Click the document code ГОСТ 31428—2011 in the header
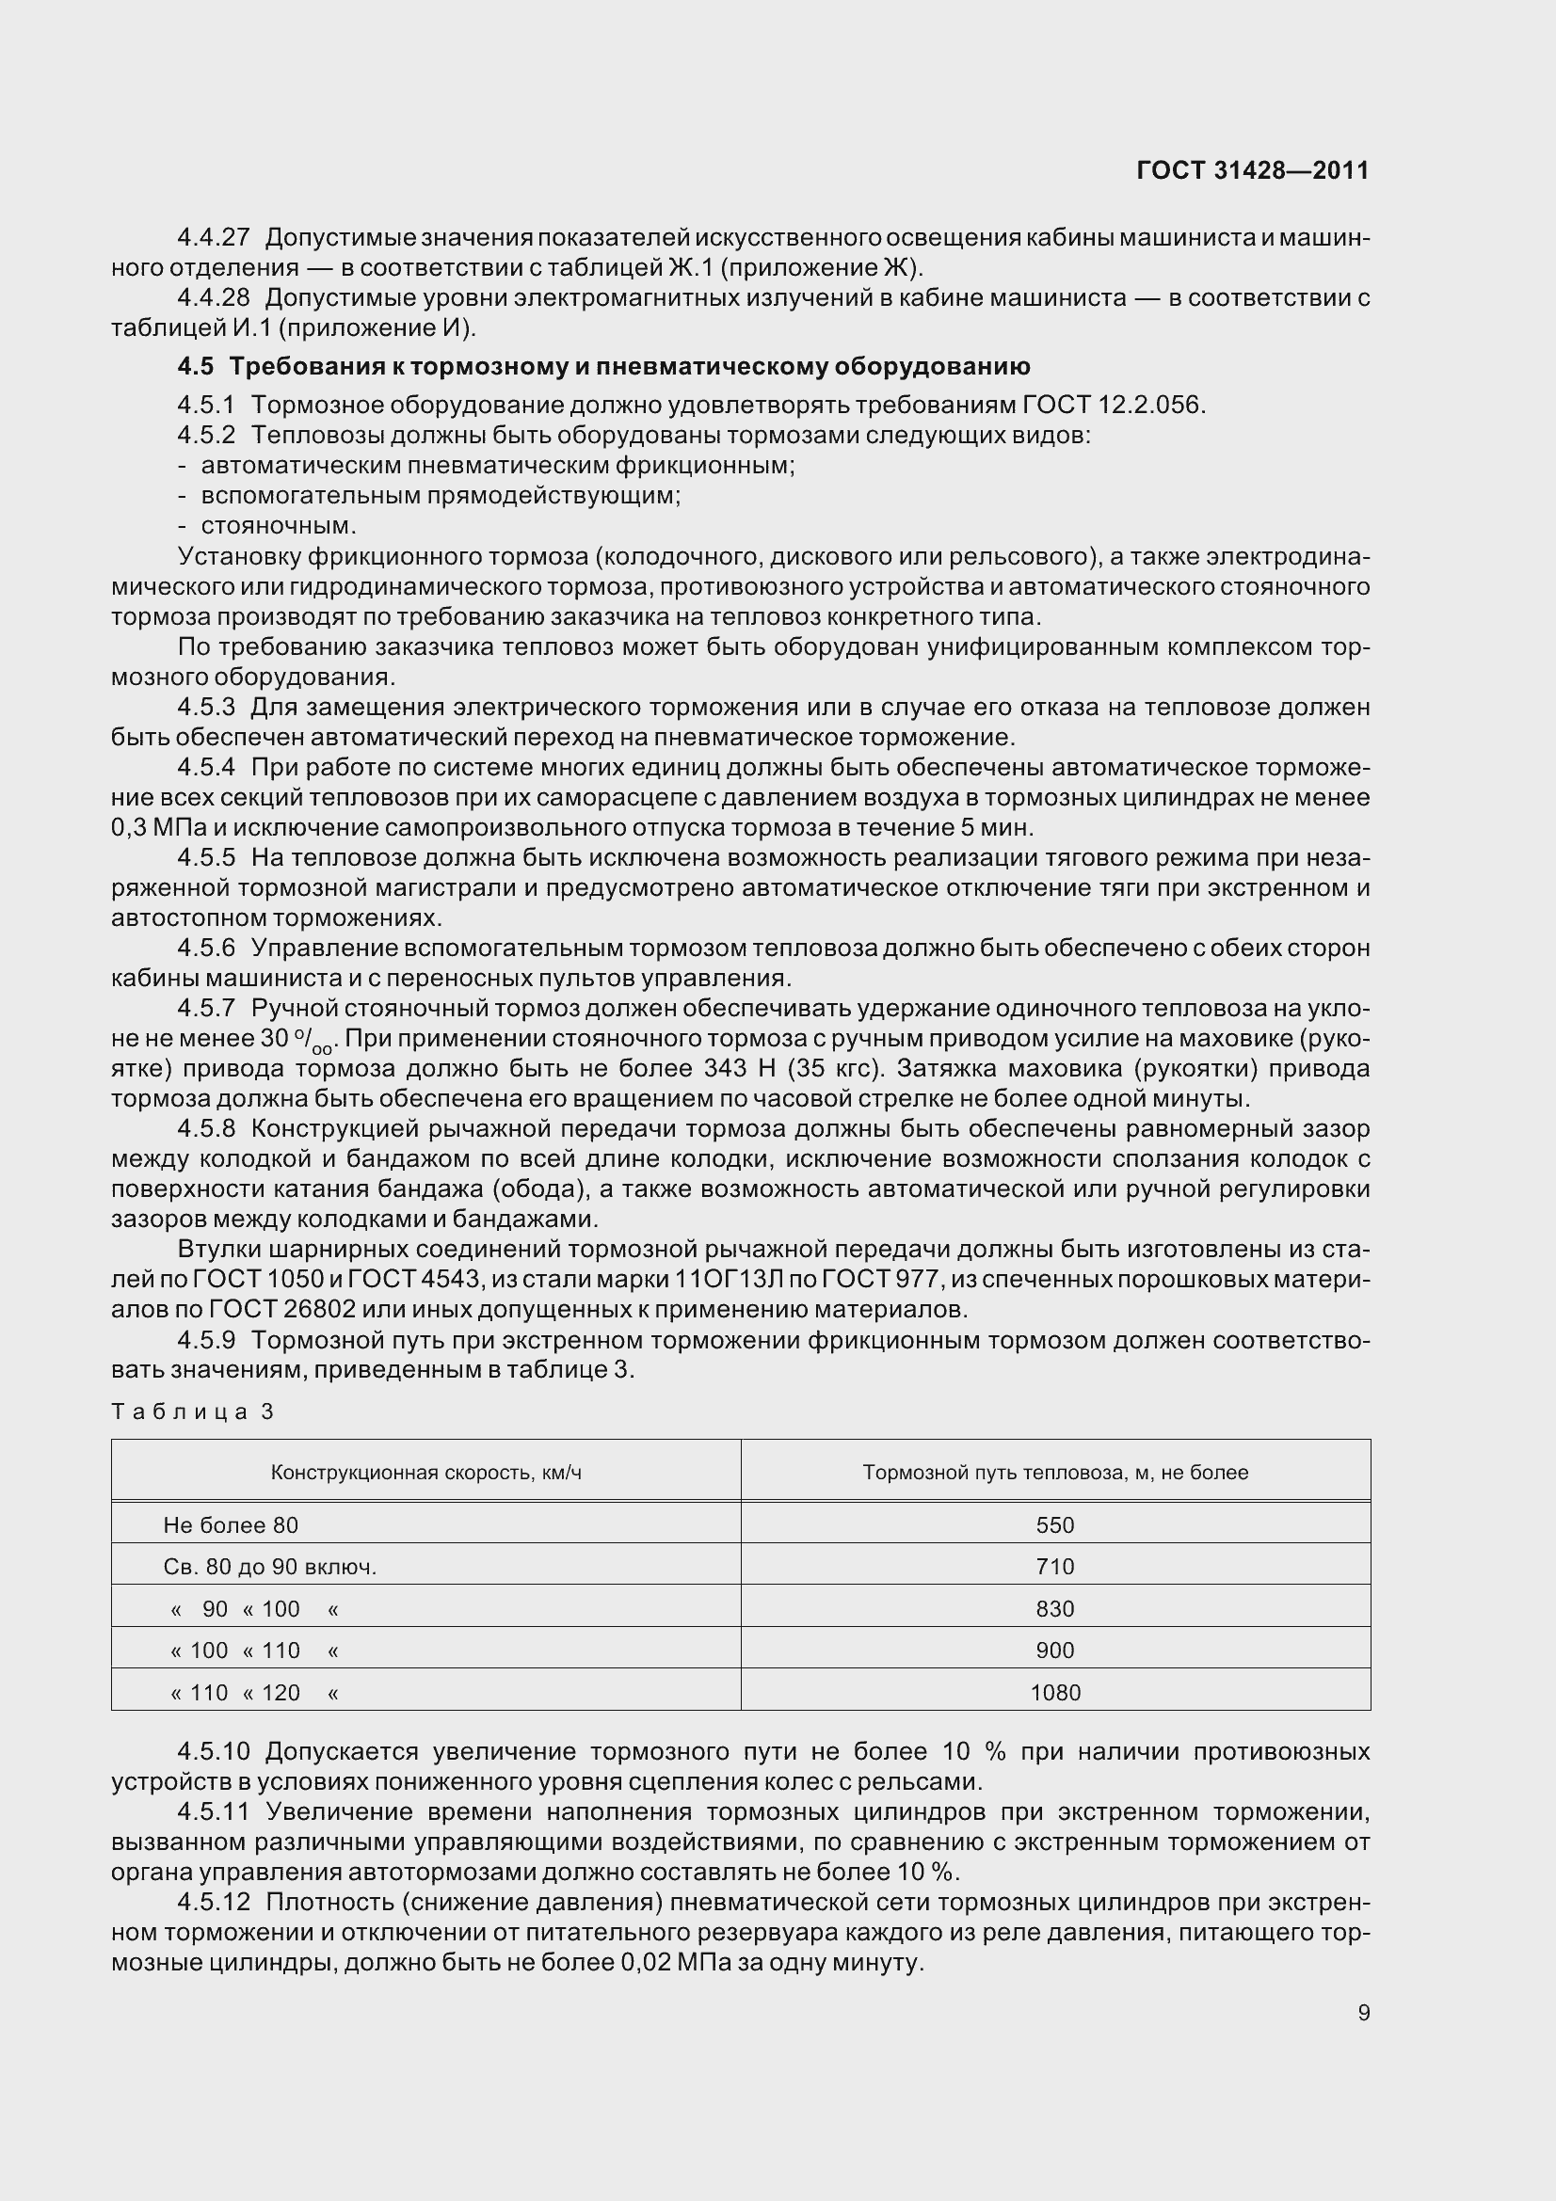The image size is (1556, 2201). click(x=1252, y=170)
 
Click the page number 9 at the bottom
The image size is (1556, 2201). click(x=1363, y=2013)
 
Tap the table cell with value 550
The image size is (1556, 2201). click(x=1054, y=1525)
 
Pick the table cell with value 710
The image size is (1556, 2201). click(x=1054, y=1568)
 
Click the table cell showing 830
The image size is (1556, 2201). click(x=1054, y=1609)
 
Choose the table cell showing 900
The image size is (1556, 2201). click(x=1054, y=1651)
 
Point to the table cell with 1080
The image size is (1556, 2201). click(x=1054, y=1693)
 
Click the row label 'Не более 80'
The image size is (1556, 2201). click(x=231, y=1525)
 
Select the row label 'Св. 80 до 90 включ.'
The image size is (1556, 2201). click(x=269, y=1568)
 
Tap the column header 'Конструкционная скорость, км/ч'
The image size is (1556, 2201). click(x=425, y=1473)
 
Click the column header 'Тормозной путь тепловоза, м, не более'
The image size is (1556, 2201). click(x=1054, y=1473)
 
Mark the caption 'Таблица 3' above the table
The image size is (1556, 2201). click(x=193, y=1412)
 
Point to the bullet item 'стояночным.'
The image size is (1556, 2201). click(x=278, y=526)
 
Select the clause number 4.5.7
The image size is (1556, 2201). click(x=206, y=1009)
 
